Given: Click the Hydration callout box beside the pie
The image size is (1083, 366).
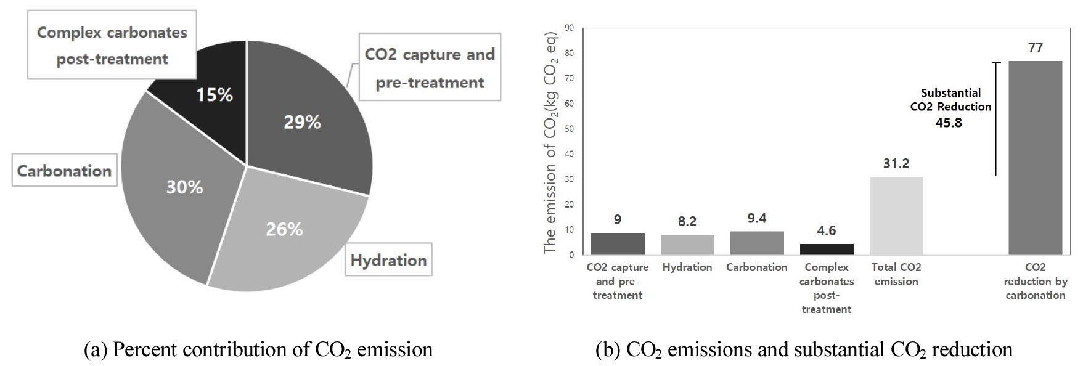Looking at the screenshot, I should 388,260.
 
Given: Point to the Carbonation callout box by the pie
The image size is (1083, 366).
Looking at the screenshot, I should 64,171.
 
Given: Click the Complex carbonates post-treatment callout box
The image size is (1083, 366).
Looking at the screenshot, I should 112,45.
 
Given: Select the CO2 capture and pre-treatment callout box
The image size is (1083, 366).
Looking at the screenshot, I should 430,67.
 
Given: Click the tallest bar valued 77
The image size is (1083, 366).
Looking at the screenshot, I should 1035,157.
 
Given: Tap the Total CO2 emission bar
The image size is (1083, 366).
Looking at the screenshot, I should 896,216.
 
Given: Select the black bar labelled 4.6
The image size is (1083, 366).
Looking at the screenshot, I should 826,249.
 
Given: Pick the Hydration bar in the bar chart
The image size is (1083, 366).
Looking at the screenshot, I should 687,245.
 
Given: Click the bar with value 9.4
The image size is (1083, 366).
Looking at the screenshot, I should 757,243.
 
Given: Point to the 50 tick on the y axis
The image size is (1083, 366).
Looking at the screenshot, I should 569,129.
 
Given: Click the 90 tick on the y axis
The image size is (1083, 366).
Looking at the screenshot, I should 569,28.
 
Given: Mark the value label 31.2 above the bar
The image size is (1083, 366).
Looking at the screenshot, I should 896,164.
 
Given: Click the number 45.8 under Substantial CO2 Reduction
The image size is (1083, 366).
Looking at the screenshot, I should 948,123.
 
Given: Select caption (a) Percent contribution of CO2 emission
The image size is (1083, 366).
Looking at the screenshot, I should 258,349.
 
